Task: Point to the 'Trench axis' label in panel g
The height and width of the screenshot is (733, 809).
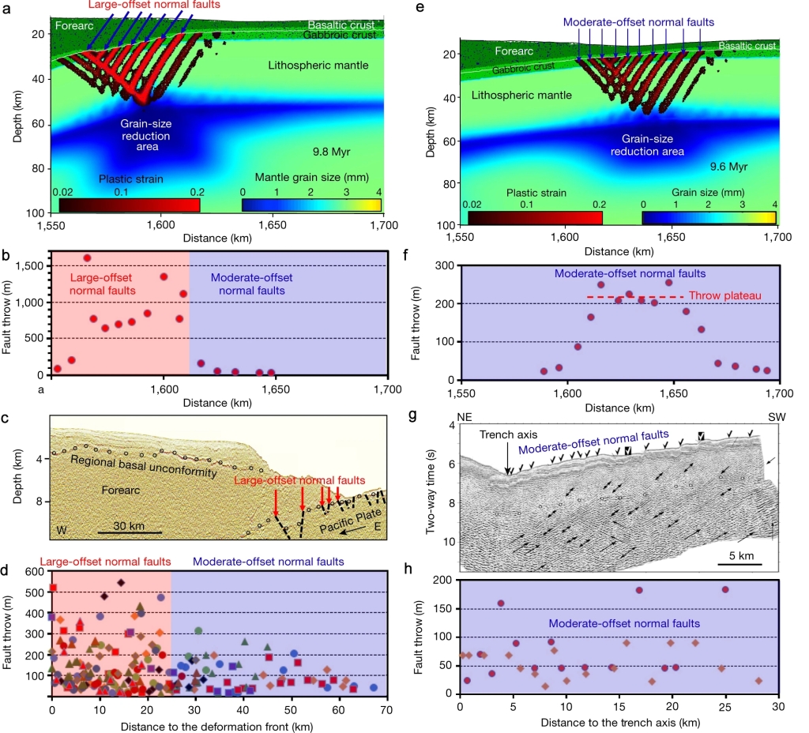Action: [505, 433]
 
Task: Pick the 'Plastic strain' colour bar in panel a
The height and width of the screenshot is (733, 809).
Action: [130, 205]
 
